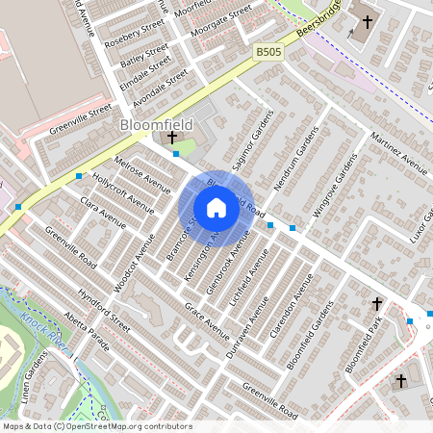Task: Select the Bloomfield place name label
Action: click(156, 125)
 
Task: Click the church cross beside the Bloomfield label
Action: click(172, 139)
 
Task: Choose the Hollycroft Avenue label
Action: click(123, 191)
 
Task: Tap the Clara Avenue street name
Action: click(104, 213)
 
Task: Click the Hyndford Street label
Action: click(104, 308)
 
